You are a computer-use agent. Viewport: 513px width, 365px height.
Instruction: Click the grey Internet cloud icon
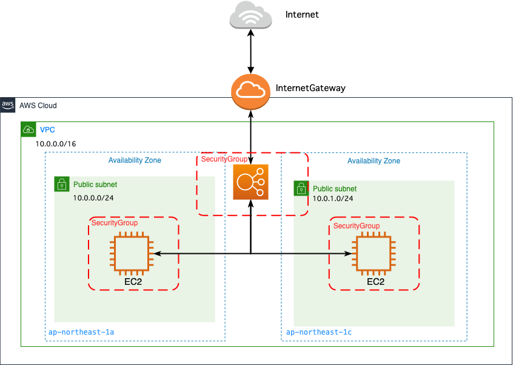[250, 16]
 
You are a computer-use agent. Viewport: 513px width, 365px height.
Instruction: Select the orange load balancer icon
[250, 182]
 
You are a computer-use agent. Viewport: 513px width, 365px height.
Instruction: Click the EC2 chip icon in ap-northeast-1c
[373, 253]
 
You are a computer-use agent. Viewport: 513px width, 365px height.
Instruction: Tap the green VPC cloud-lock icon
[28, 129]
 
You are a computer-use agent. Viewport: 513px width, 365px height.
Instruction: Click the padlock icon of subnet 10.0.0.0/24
[61, 184]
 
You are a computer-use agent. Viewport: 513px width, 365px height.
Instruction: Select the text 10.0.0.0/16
[56, 144]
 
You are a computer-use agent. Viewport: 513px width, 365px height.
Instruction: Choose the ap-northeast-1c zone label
[318, 332]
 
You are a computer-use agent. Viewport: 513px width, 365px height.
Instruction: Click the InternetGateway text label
[310, 88]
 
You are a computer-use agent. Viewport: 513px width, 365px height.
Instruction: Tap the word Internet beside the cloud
[302, 14]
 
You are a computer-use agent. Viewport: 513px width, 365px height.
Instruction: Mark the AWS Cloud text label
[38, 106]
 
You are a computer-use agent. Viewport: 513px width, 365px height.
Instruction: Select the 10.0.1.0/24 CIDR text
[333, 199]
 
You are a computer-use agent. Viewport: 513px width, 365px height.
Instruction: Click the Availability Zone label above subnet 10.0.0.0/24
[135, 160]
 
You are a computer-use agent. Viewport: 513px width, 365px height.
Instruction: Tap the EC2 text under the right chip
[375, 282]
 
